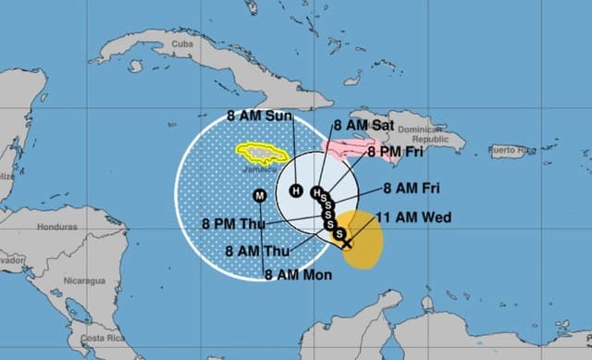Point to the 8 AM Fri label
coord(412,189)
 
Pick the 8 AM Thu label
coord(257,250)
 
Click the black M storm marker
coord(259,194)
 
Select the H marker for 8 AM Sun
coord(296,191)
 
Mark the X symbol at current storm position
coord(346,243)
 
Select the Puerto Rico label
coord(512,149)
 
